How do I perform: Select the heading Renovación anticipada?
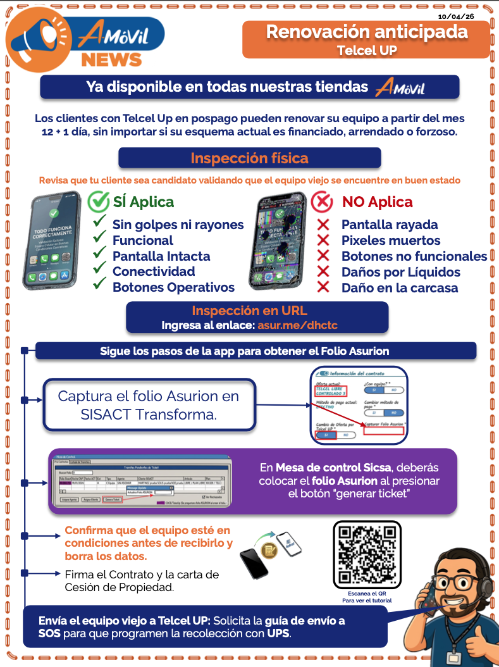(x=367, y=32)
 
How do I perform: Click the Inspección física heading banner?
(x=250, y=158)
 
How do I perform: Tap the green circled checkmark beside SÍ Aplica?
(x=98, y=202)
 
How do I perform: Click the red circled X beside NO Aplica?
(x=322, y=202)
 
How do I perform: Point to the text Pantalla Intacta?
(x=161, y=256)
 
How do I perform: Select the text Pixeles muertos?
(x=391, y=240)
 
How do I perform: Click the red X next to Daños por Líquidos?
(x=323, y=272)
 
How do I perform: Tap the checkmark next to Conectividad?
(x=99, y=271)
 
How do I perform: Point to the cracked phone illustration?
(x=278, y=244)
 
